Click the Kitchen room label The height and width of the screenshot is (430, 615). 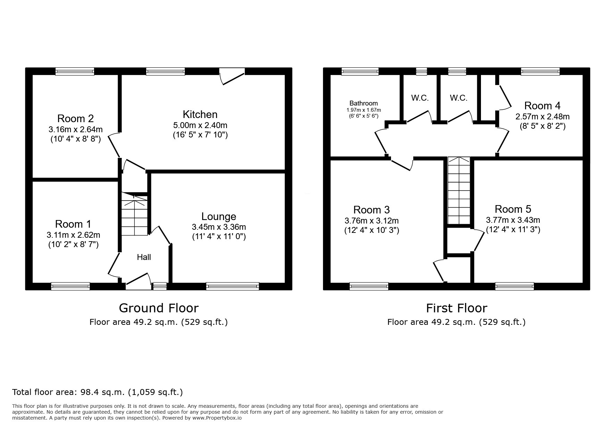[x=200, y=114]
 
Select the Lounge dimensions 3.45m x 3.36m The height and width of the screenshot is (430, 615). [x=219, y=227]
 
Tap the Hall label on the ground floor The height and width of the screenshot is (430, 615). [x=144, y=257]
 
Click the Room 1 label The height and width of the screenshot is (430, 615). [x=73, y=224]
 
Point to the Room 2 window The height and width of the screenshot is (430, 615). [x=75, y=71]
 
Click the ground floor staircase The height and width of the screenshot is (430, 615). [x=134, y=215]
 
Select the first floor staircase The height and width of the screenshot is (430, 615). [x=459, y=191]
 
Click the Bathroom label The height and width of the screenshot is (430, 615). [x=364, y=103]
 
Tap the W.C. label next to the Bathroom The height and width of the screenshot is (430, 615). [x=420, y=98]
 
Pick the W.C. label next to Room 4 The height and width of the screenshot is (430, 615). [x=458, y=98]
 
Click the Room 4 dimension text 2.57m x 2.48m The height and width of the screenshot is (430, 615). [x=542, y=117]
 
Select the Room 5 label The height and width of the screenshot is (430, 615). [x=513, y=209]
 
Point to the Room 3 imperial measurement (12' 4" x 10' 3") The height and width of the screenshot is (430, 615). [x=372, y=230]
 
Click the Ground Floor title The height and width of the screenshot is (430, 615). [x=159, y=308]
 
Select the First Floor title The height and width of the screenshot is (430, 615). [x=456, y=308]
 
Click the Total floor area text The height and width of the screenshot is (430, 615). [x=97, y=392]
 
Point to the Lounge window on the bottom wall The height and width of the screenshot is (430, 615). [x=232, y=286]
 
